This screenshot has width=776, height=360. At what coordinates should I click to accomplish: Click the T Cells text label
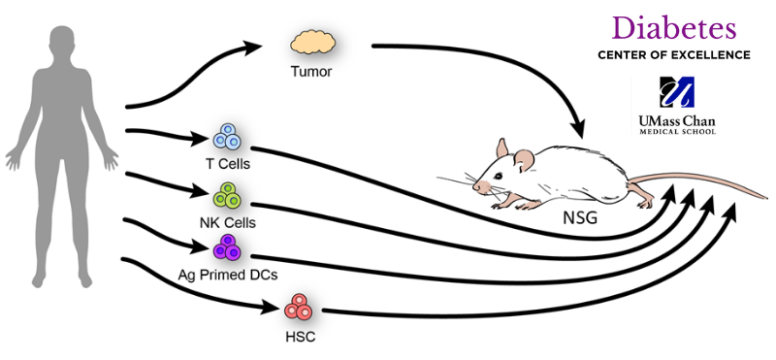click(228, 164)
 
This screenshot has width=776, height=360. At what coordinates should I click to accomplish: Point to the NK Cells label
click(228, 222)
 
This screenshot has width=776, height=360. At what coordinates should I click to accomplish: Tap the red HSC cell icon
click(299, 309)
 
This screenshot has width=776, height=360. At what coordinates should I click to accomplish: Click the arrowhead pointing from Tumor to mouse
click(581, 128)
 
